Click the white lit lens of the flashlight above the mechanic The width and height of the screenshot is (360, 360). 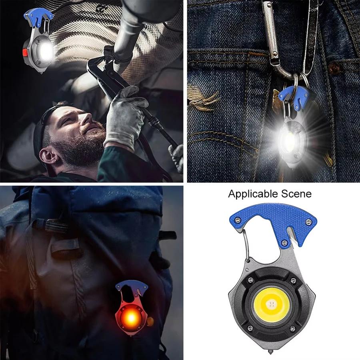click(x=46, y=51)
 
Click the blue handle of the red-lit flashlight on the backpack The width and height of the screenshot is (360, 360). click(x=132, y=286)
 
